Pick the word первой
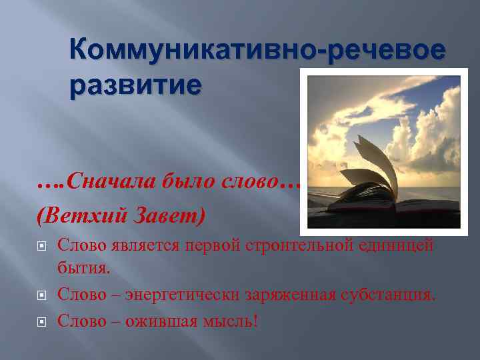click(x=221, y=245)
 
